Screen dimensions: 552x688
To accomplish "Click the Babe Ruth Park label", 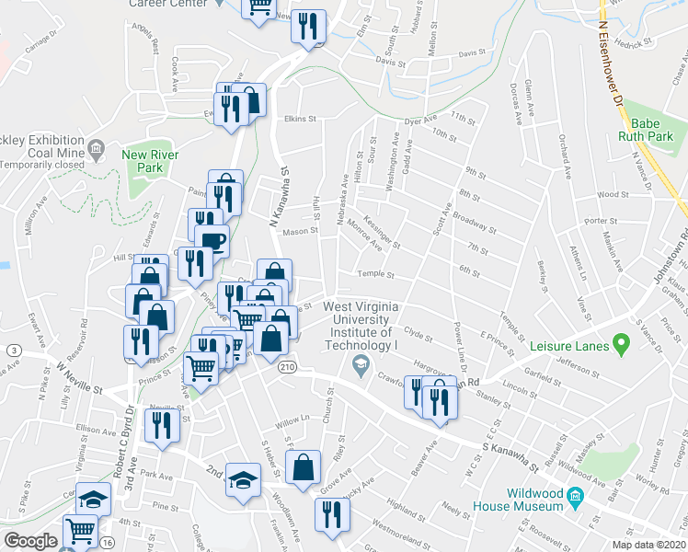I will pyautogui.click(x=652, y=130).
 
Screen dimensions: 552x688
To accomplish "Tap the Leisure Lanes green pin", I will pyautogui.click(x=621, y=345).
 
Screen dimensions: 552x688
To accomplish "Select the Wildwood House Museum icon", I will pyautogui.click(x=576, y=499).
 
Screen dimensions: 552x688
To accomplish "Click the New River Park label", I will pyautogui.click(x=143, y=161).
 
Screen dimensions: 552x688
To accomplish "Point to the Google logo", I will pyautogui.click(x=30, y=541).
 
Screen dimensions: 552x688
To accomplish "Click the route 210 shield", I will pyautogui.click(x=287, y=367).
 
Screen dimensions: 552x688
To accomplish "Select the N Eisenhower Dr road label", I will pyautogui.click(x=611, y=64).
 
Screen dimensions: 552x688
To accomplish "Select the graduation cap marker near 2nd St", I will pyautogui.click(x=243, y=480).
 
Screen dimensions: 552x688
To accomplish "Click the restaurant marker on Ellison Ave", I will pyautogui.click(x=163, y=425).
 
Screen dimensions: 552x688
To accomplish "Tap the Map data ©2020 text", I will pyautogui.click(x=648, y=545).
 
